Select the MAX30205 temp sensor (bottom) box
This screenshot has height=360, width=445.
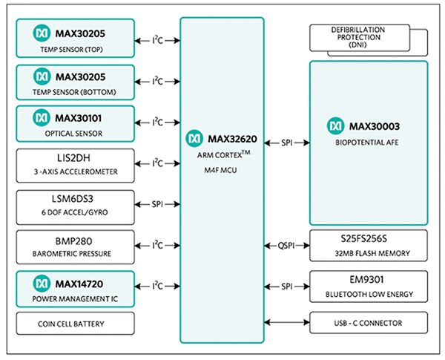[75, 80]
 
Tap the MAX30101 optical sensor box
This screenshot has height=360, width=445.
[75, 122]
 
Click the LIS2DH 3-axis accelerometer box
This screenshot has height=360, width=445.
[75, 163]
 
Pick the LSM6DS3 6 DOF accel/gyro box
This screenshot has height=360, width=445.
[75, 204]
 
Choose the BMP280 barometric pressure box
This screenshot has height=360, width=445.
[75, 245]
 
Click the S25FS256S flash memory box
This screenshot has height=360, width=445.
[369, 245]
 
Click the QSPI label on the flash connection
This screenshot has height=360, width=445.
[286, 245]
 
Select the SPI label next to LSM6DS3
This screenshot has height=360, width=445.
[157, 204]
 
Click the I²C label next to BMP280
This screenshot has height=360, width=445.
[157, 244]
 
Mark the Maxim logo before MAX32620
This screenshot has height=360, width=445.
[194, 138]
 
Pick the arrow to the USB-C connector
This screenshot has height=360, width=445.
[286, 322]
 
